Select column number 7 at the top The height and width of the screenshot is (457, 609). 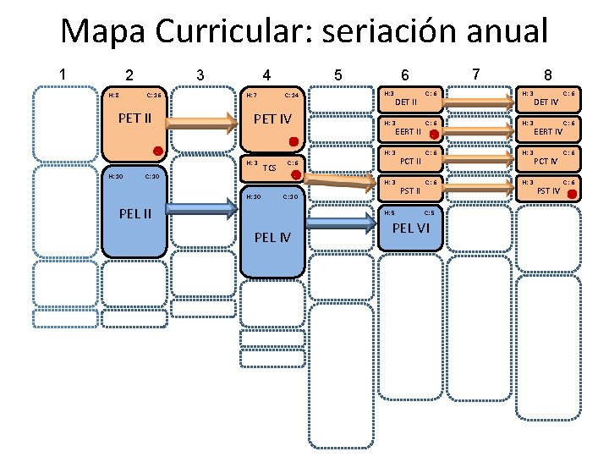[x=476, y=74]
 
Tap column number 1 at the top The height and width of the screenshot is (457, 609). [x=63, y=74]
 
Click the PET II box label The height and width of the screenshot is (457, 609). [x=134, y=118]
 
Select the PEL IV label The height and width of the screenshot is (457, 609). [x=273, y=236]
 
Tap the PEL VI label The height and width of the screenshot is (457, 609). [x=412, y=228]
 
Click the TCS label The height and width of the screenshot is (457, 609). [x=270, y=168]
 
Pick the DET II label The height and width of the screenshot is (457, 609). [x=406, y=102]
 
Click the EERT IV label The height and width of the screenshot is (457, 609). [x=548, y=131]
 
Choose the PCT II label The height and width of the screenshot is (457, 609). [x=409, y=161]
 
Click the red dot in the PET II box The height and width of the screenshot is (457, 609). [x=156, y=151]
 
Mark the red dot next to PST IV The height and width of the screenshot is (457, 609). [x=573, y=195]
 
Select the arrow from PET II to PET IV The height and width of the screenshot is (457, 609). [x=204, y=123]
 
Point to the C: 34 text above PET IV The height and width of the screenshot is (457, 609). [x=290, y=96]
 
